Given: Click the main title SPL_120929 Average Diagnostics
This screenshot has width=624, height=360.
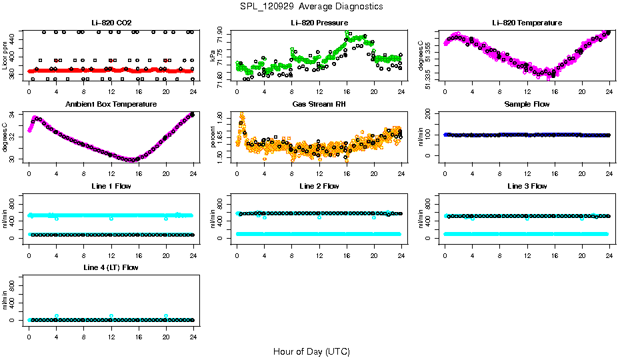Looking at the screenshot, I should (x=312, y=6).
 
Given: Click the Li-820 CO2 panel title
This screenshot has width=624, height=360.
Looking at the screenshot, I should (x=111, y=23).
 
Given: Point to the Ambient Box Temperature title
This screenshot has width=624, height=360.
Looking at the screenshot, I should (x=111, y=105).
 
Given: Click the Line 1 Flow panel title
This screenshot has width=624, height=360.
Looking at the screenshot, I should (x=111, y=186).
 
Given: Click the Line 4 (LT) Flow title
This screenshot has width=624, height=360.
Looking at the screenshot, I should (x=111, y=267).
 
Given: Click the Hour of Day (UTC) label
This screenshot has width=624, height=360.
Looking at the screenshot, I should (x=311, y=351).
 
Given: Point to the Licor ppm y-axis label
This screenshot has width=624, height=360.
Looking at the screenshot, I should (x=5, y=55).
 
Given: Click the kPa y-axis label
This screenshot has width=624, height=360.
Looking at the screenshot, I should (x=213, y=55).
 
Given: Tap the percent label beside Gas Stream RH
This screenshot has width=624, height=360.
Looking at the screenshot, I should (x=213, y=137).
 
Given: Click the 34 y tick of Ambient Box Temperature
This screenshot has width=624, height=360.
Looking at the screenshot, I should (x=15, y=115).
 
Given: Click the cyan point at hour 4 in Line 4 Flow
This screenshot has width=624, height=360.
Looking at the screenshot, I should (x=57, y=316).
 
